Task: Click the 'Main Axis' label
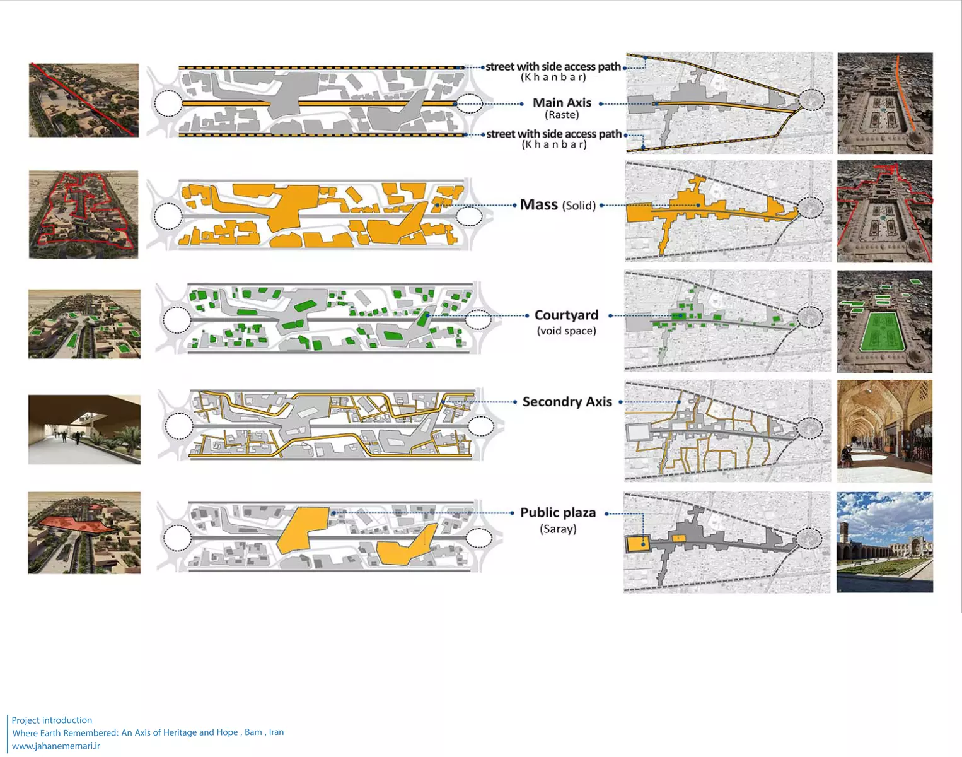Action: (x=562, y=103)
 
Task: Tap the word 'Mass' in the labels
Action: (x=538, y=205)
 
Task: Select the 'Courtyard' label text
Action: (x=566, y=315)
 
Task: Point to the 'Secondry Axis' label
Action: (x=567, y=402)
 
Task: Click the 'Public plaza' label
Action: (x=558, y=513)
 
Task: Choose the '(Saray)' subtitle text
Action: (x=558, y=529)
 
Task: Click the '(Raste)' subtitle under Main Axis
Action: (x=562, y=115)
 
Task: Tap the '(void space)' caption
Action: (x=566, y=331)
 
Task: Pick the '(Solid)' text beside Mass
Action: (x=579, y=206)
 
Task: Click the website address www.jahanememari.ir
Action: (x=56, y=746)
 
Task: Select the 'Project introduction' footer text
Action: (x=52, y=720)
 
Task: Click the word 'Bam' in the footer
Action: (x=253, y=732)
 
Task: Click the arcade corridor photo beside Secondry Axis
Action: (x=884, y=431)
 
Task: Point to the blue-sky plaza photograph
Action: (x=884, y=543)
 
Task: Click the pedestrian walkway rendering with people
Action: (x=84, y=430)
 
